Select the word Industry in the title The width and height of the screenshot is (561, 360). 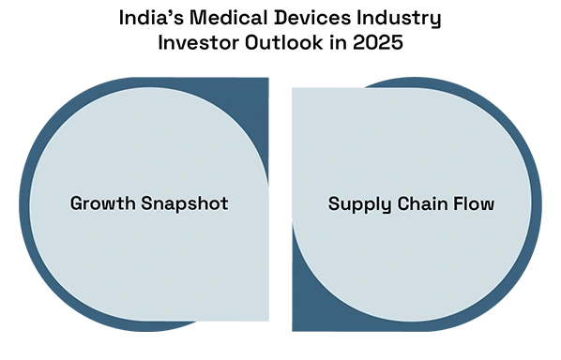coord(399,20)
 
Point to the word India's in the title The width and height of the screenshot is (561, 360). coord(151,18)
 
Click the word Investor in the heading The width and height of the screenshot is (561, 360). coord(199,42)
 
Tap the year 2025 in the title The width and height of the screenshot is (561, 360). coord(378,42)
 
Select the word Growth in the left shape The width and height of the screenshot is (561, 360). coord(102,203)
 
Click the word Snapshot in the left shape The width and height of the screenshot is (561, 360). coord(185,204)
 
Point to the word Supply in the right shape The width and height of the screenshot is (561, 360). coord(360,205)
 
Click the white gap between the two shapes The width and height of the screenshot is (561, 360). coord(280,204)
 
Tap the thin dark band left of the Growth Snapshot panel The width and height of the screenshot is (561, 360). coord(24,204)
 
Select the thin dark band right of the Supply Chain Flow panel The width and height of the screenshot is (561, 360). coord(537,204)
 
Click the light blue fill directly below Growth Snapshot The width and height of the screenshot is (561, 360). coord(149,264)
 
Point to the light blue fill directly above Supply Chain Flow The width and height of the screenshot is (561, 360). coord(412,143)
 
